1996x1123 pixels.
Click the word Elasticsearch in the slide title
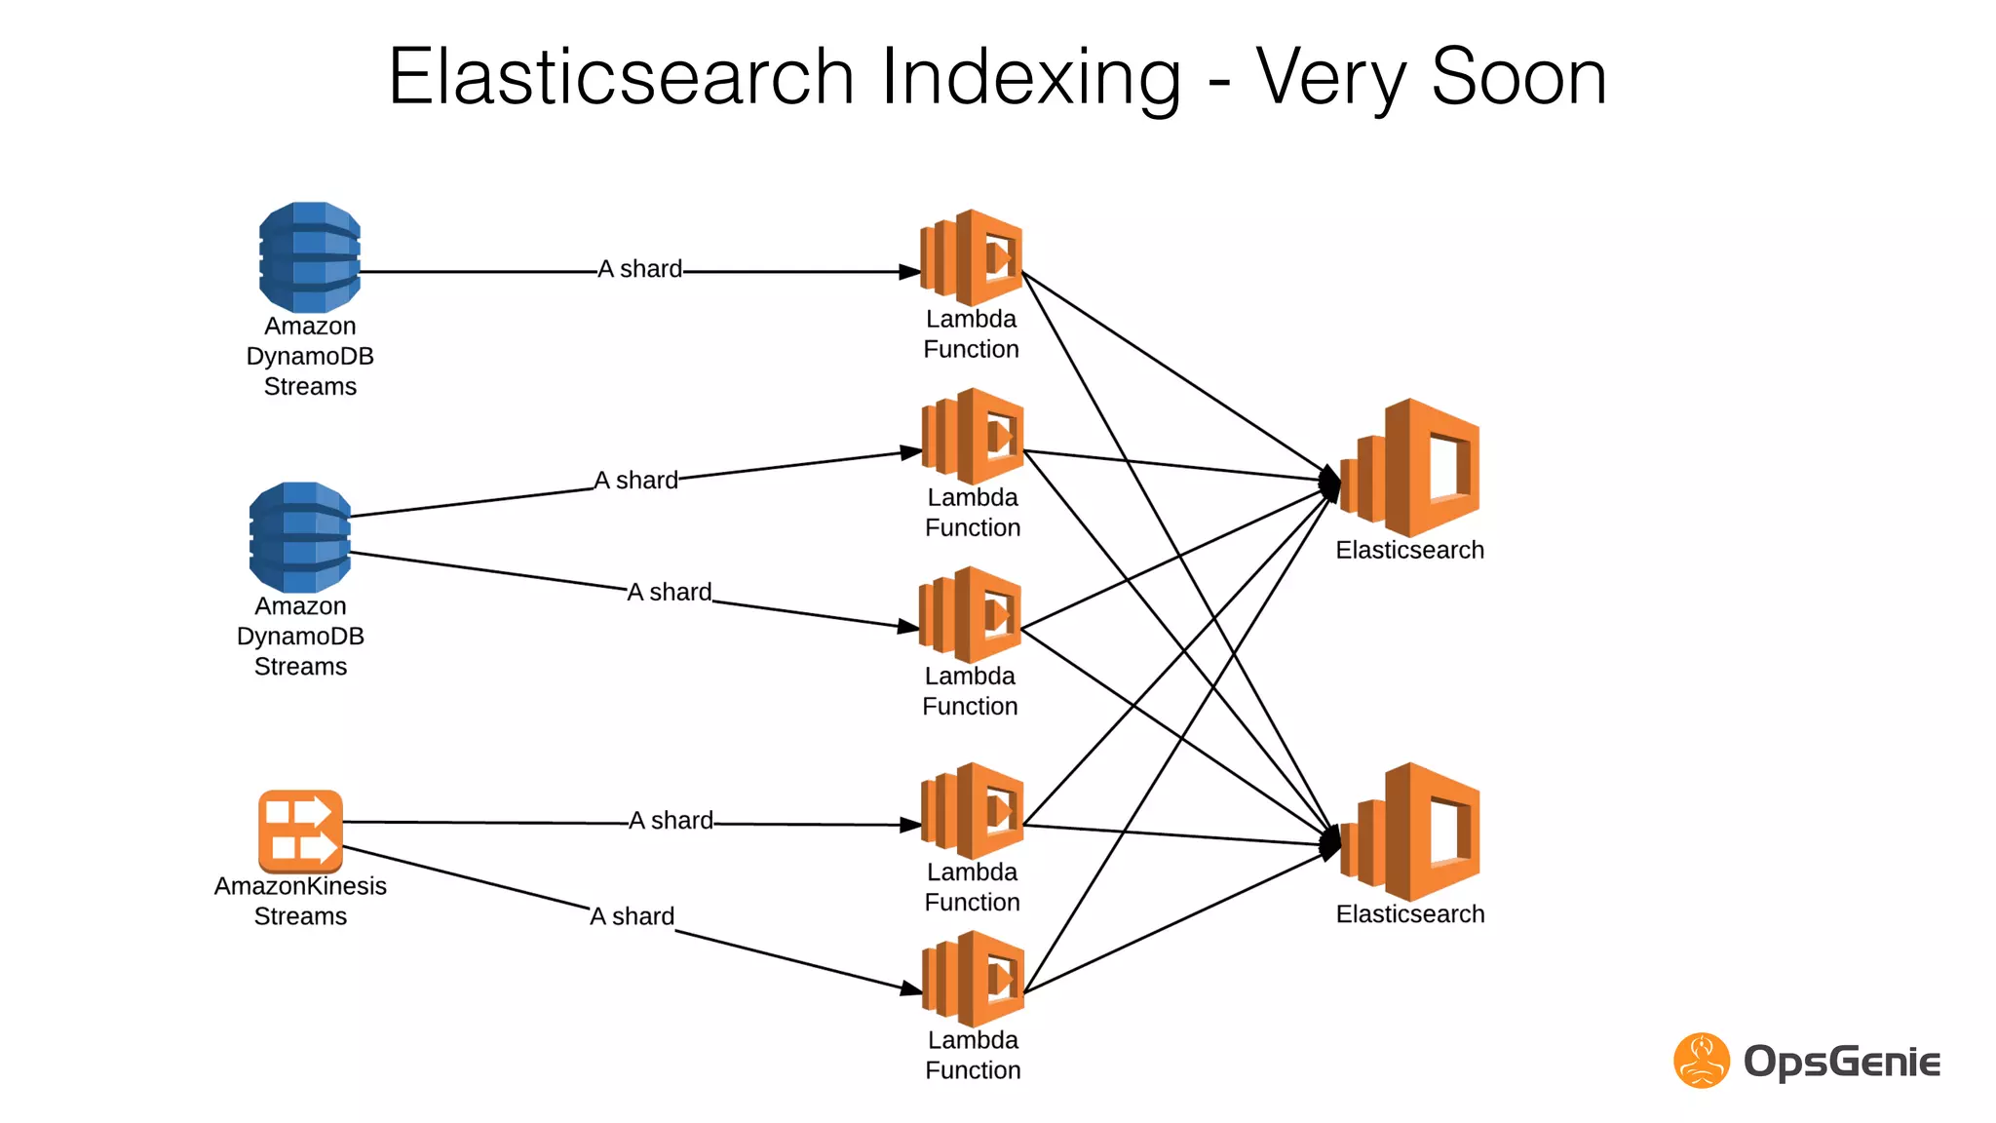coord(621,78)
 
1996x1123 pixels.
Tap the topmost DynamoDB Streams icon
coord(310,256)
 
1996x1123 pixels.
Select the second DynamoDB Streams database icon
coord(300,537)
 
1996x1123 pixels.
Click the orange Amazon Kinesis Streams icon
coord(300,831)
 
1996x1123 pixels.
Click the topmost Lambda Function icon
coord(971,257)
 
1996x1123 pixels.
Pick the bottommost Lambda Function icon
coord(973,978)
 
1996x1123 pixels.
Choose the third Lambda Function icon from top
coord(970,615)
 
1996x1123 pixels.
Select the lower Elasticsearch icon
coord(1411,832)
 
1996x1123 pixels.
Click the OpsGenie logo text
coord(1841,1062)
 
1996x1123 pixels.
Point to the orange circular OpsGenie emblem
coord(1701,1061)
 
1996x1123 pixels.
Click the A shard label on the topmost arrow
coord(639,269)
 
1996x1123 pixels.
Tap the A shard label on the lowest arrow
coord(632,916)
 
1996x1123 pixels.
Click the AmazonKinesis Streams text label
coord(300,901)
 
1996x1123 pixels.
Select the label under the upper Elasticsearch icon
coord(1409,550)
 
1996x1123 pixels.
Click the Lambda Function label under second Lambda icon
coord(973,513)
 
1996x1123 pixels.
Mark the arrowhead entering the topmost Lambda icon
coord(909,272)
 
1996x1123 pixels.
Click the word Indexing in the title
coord(1031,78)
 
